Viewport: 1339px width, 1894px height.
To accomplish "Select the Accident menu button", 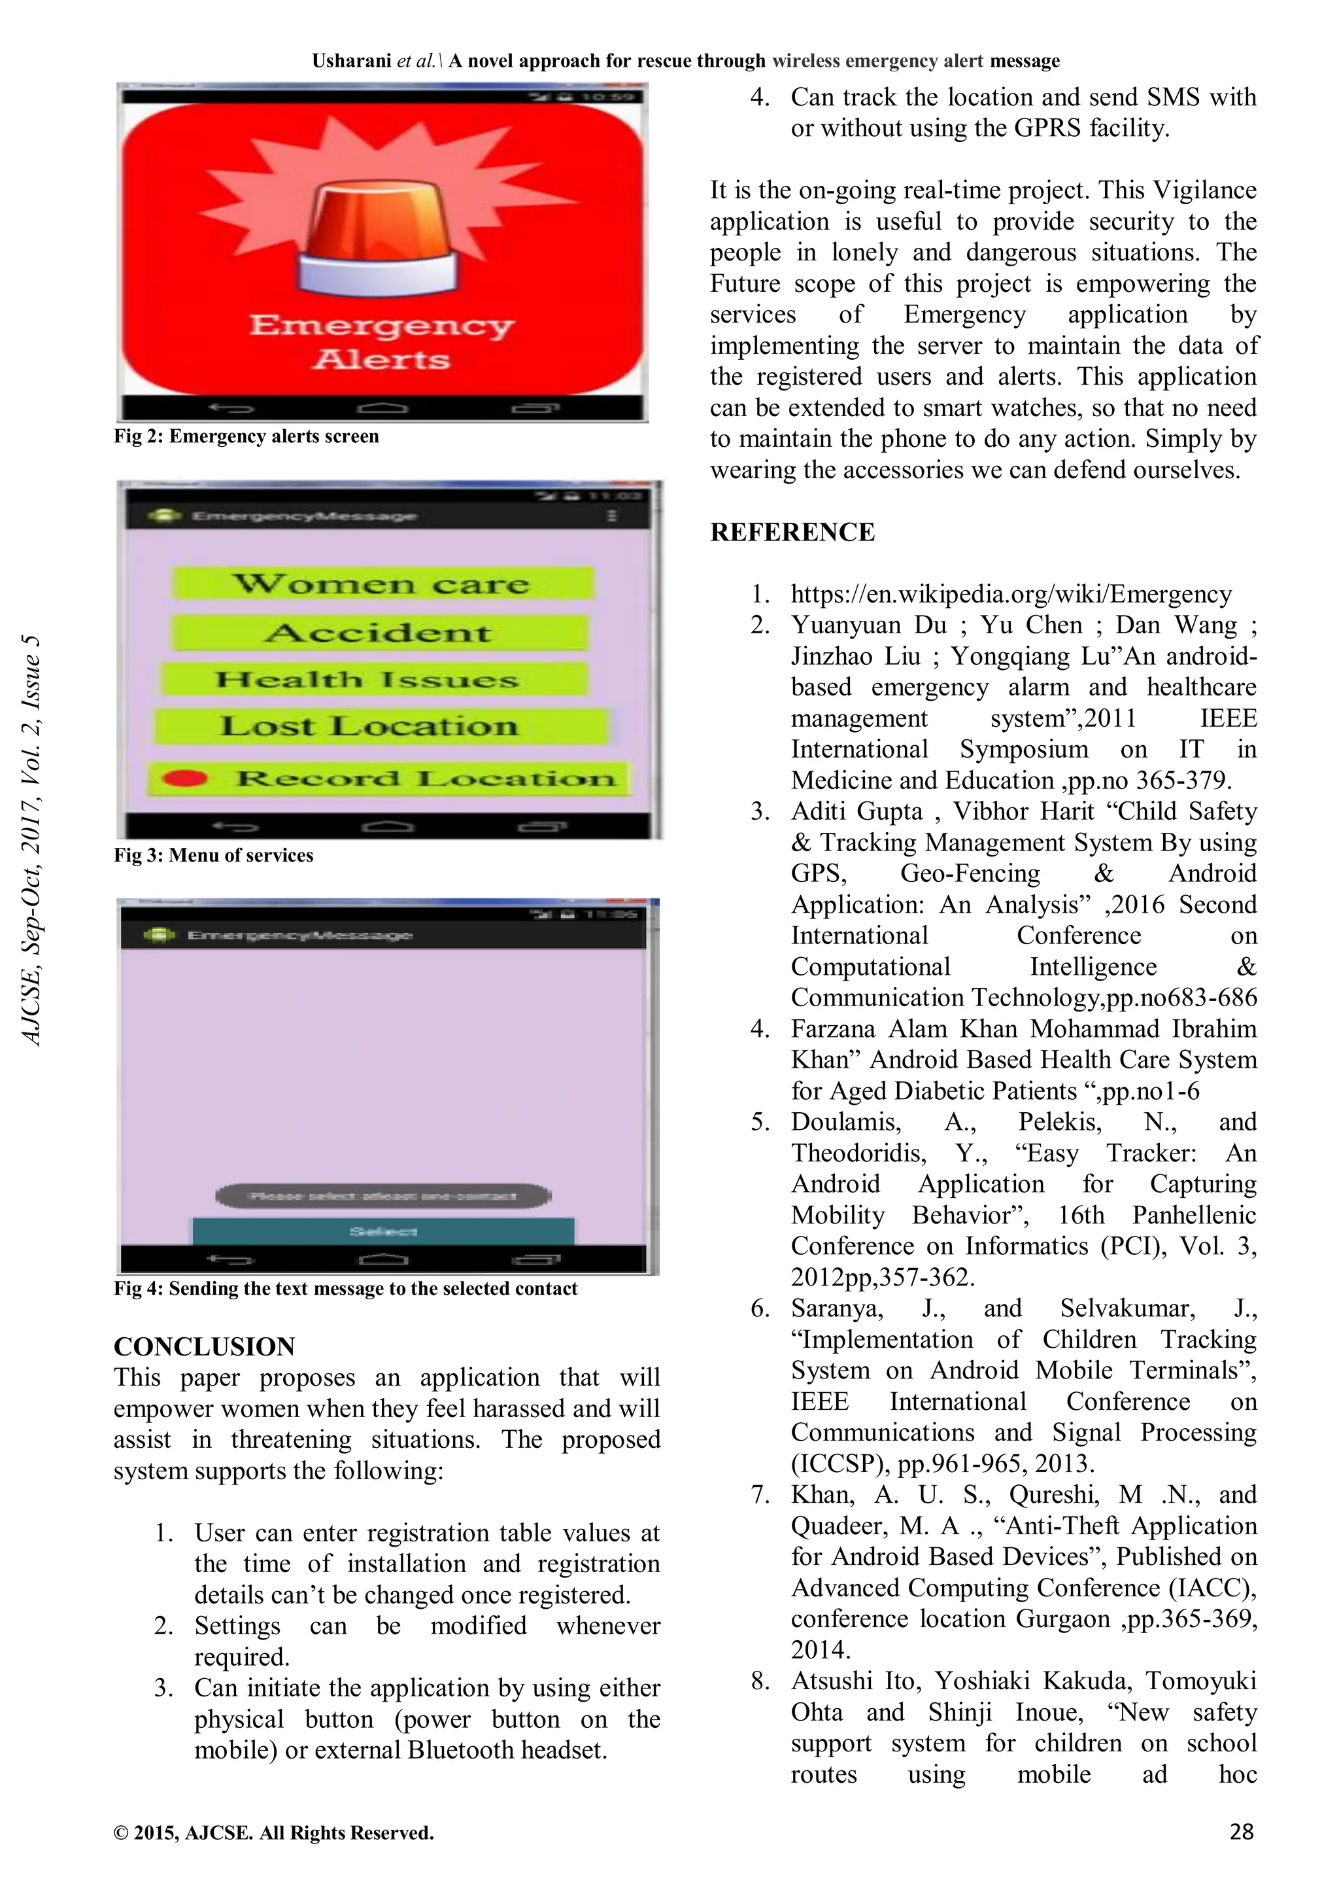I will (x=379, y=633).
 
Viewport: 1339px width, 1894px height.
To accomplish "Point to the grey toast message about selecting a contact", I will (x=383, y=1195).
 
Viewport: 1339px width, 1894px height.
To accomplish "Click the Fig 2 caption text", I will (x=246, y=436).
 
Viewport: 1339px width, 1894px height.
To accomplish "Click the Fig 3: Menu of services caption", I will (x=214, y=856).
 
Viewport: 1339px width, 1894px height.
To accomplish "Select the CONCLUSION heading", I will (x=203, y=1346).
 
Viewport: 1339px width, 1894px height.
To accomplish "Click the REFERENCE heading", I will (x=792, y=532).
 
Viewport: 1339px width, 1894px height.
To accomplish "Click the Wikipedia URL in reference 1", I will (x=1011, y=594).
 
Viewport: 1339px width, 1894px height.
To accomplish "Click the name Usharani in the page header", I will (x=352, y=61).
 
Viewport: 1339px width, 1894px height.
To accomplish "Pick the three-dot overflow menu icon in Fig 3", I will (x=612, y=516).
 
